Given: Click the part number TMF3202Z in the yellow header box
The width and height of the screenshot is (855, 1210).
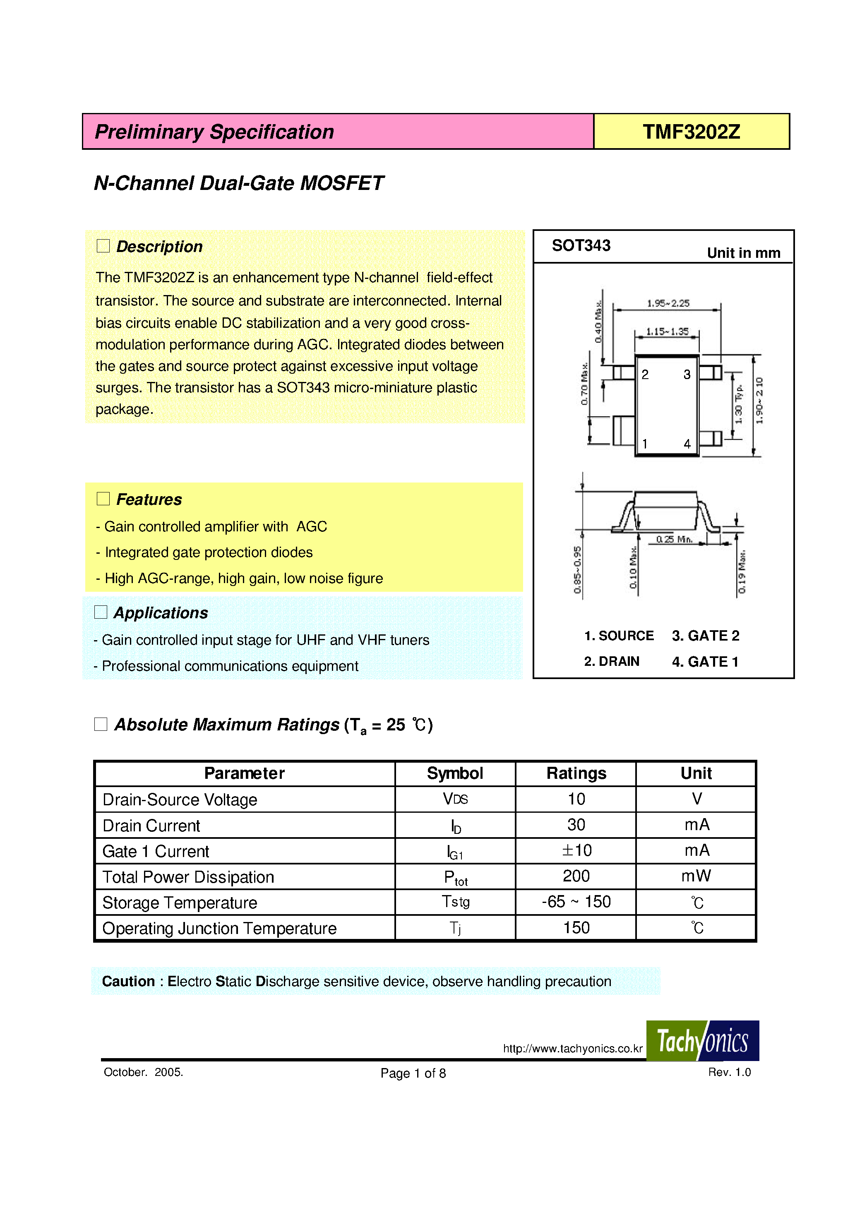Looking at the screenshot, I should tap(691, 132).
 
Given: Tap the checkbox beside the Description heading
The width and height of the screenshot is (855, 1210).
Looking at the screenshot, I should tap(103, 246).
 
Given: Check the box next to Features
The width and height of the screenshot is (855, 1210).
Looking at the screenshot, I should tap(103, 499).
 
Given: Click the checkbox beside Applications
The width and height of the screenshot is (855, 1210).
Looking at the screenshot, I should tap(101, 612).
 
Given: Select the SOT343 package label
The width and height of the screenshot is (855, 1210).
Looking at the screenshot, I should tap(581, 245).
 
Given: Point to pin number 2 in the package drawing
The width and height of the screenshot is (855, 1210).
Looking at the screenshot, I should tap(645, 375).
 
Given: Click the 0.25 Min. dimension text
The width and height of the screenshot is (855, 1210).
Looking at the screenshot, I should tap(674, 539).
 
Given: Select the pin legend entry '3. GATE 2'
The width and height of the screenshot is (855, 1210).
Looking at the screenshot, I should tap(705, 636).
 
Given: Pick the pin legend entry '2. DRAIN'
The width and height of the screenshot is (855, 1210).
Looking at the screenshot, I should tap(612, 661).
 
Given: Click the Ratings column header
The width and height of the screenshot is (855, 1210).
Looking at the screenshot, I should tap(576, 773).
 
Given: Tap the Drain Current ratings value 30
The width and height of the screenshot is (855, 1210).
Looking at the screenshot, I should tap(576, 825).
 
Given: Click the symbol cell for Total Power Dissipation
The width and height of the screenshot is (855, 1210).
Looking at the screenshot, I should tap(456, 877).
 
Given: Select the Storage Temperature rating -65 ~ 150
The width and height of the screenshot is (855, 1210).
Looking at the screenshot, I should tap(576, 902).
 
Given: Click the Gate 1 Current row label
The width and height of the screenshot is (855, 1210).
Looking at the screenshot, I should tap(156, 851).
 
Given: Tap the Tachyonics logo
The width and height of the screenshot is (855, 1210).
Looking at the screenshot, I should tap(702, 1041).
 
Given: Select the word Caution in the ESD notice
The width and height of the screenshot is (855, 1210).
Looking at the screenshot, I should tap(128, 981).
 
